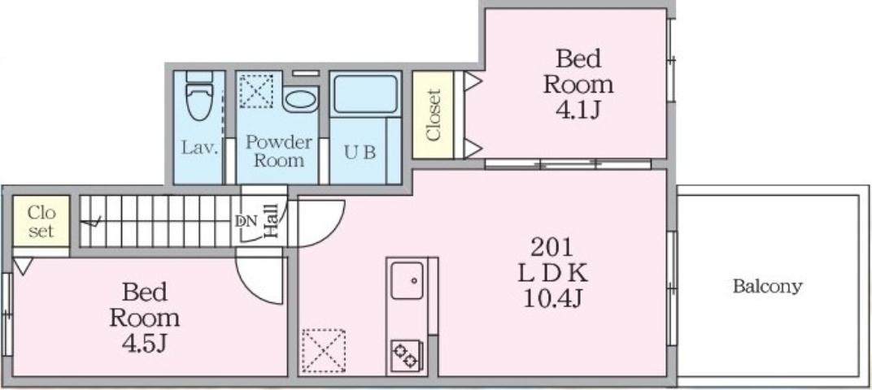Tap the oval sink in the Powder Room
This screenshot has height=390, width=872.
(299, 100)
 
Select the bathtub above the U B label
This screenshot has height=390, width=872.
(365, 94)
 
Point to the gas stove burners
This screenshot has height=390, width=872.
(405, 354)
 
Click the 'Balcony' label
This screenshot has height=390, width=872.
(767, 286)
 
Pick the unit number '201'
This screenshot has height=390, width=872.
(552, 246)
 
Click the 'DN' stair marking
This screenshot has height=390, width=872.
(246, 220)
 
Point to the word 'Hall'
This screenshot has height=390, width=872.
(272, 220)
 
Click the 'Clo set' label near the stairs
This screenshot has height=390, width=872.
(41, 222)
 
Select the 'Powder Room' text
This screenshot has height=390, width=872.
(278, 151)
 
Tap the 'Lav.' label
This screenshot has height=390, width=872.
(198, 148)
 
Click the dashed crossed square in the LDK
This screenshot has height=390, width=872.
(324, 349)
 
